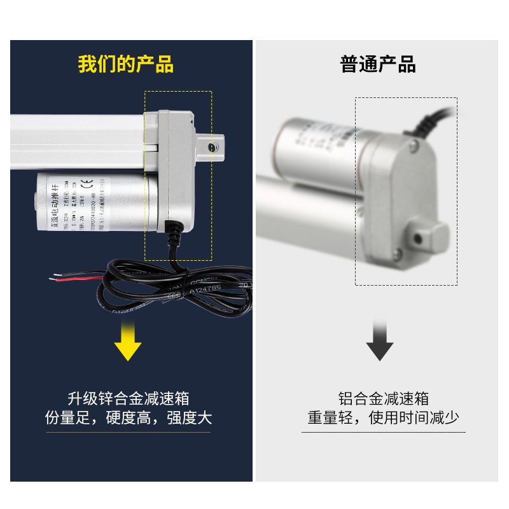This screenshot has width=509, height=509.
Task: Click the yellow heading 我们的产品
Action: click(x=126, y=65)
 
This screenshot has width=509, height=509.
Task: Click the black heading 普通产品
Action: click(x=378, y=65)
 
